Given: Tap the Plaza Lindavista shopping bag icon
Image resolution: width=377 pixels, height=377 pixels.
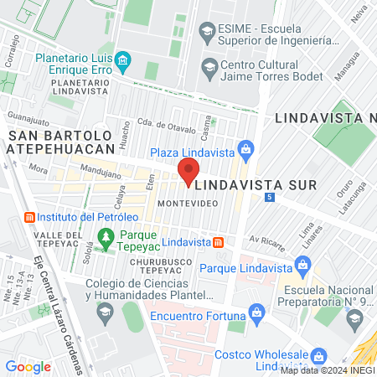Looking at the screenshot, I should tap(245, 152).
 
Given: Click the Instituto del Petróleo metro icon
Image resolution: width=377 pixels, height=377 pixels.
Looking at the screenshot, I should tap(29, 216).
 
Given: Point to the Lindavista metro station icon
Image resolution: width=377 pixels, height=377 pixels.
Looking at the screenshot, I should tap(219, 242).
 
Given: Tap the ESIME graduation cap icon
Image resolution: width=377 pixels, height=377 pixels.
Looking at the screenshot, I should tap(206, 31).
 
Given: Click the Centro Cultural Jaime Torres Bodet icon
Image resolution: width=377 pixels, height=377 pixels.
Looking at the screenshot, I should tap(209, 67).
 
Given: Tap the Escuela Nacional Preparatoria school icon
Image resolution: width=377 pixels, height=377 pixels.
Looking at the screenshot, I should tap(355, 318).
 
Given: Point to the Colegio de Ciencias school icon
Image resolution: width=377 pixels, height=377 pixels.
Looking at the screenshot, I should tap(105, 312).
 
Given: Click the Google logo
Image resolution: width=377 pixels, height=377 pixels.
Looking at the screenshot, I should tap(28, 366).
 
